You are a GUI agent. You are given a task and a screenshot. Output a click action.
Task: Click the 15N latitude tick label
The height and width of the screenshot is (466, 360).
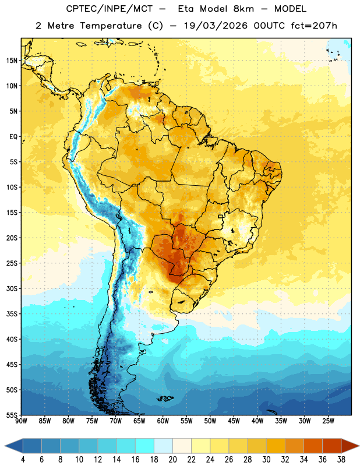tap(12, 61)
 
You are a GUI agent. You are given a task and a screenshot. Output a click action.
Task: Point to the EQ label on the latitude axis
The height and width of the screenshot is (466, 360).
tap(13, 137)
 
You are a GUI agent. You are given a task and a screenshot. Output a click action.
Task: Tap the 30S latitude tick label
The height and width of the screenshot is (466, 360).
tap(12, 288)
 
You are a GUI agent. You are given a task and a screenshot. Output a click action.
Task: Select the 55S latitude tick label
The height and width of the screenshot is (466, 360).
tap(12, 415)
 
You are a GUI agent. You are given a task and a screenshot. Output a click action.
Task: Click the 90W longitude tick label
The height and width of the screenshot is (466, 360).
tap(21, 421)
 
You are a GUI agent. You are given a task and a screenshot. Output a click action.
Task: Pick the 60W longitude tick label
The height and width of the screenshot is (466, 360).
tap(163, 421)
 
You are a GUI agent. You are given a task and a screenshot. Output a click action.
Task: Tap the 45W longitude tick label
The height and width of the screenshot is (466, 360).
tap(234, 421)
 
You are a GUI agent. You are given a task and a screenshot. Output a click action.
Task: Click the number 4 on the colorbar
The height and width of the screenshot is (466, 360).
tap(23, 460)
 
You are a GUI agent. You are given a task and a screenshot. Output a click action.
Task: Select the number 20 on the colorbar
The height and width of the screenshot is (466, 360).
tap(172, 460)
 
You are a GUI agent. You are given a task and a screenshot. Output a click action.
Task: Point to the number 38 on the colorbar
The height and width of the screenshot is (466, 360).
tap(341, 460)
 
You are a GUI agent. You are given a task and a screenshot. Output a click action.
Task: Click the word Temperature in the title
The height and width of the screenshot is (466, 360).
tap(111, 26)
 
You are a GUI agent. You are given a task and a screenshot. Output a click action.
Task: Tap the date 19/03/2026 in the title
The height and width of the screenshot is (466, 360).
tap(216, 26)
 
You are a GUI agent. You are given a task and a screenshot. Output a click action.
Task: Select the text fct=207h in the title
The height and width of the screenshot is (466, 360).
tap(314, 26)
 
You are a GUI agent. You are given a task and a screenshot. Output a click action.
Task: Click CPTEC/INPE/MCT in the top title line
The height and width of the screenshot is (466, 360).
tap(110, 9)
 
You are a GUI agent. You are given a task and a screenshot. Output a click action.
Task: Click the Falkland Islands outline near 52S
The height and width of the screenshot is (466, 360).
tap(165, 398)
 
